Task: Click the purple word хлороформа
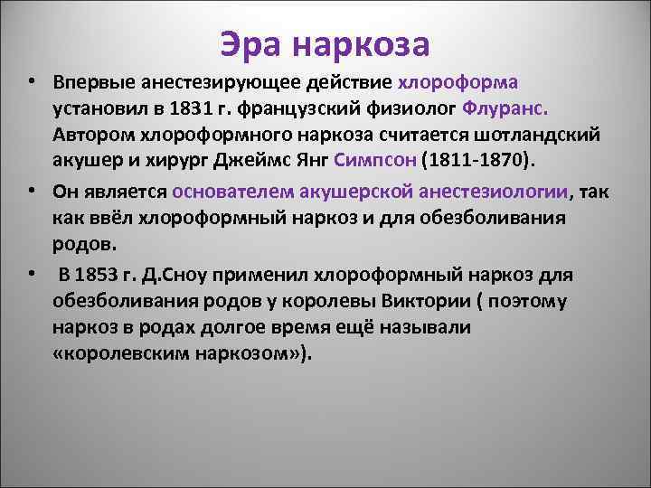coord(458,82)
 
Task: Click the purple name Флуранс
coord(505,109)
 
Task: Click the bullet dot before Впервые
coord(32,81)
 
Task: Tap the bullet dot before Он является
coord(32,192)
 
